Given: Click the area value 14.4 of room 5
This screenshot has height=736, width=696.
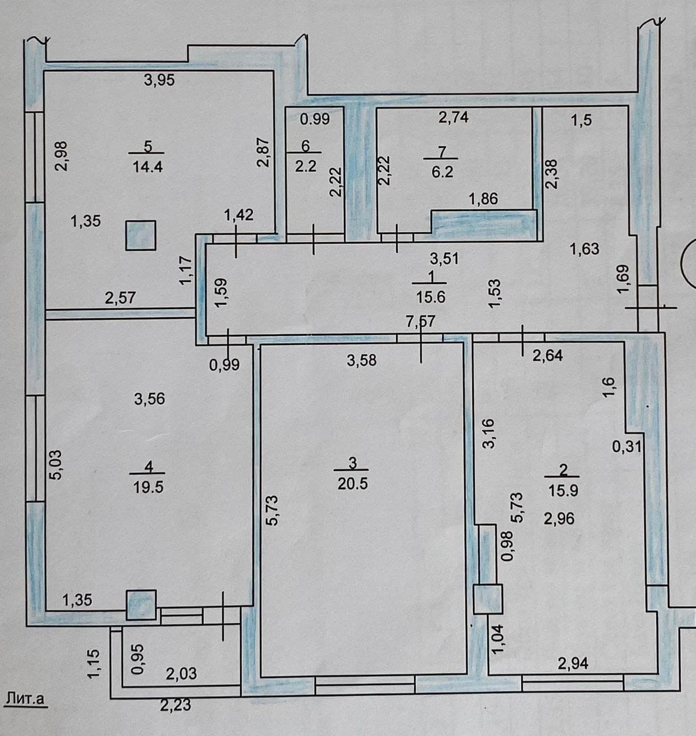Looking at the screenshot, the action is coord(148,166).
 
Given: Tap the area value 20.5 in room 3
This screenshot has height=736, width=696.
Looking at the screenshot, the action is coord(353,484).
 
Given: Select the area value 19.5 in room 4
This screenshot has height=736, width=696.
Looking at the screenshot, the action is coord(149,487).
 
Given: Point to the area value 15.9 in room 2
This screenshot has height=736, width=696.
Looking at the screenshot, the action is coord(563,490).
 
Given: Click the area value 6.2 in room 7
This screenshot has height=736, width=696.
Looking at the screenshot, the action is coord(442,172).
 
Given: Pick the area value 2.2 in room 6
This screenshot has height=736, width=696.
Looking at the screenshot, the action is coord(306,166).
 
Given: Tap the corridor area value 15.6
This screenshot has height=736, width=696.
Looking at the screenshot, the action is coord(431,298).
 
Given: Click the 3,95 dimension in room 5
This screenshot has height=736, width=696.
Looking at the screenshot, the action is coord(159,80).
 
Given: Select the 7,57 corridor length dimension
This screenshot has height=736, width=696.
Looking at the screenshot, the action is coord(421,321).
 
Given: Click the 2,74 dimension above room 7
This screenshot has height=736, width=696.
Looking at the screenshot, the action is coord(453,117).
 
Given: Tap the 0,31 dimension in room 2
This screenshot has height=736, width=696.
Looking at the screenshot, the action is coord(627,446).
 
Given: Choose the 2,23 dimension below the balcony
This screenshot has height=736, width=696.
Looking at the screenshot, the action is coord(175,706).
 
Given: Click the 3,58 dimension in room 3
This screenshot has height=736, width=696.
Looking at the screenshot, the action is coord(362,360).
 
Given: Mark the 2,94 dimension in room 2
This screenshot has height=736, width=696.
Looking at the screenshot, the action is coord(573,664).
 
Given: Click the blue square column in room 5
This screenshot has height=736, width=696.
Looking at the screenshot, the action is coord(140,235).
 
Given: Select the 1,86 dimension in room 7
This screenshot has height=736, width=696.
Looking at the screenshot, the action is coord(484,199).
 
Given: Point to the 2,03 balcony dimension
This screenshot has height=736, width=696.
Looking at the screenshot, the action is coord(181,674).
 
